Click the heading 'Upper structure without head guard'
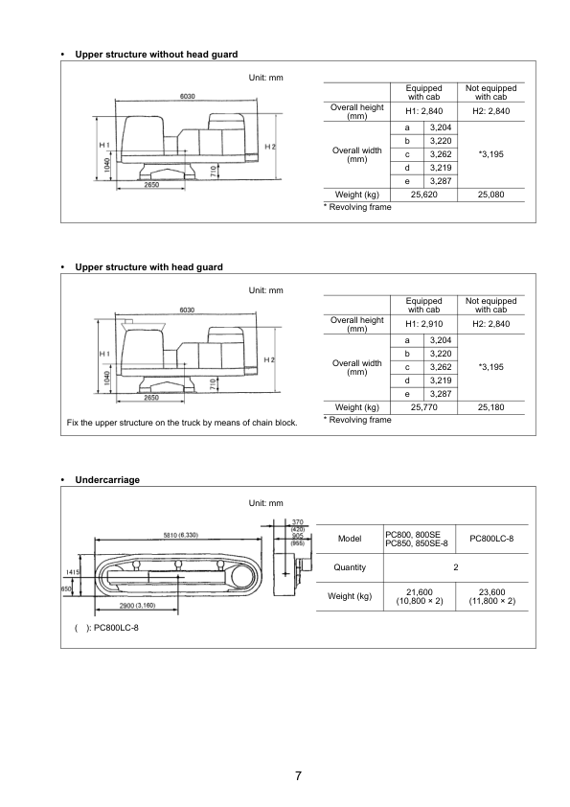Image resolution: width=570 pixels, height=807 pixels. click(156, 54)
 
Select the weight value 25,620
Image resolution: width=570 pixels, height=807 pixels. click(423, 195)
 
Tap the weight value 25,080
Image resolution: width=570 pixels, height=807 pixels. click(490, 195)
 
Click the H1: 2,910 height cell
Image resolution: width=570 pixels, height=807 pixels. click(423, 324)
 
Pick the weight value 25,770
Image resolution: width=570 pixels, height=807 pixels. click(423, 407)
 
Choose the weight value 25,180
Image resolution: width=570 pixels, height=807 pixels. click(490, 407)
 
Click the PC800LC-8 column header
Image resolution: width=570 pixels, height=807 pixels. click(491, 539)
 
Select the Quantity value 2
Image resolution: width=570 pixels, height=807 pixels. click(456, 567)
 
